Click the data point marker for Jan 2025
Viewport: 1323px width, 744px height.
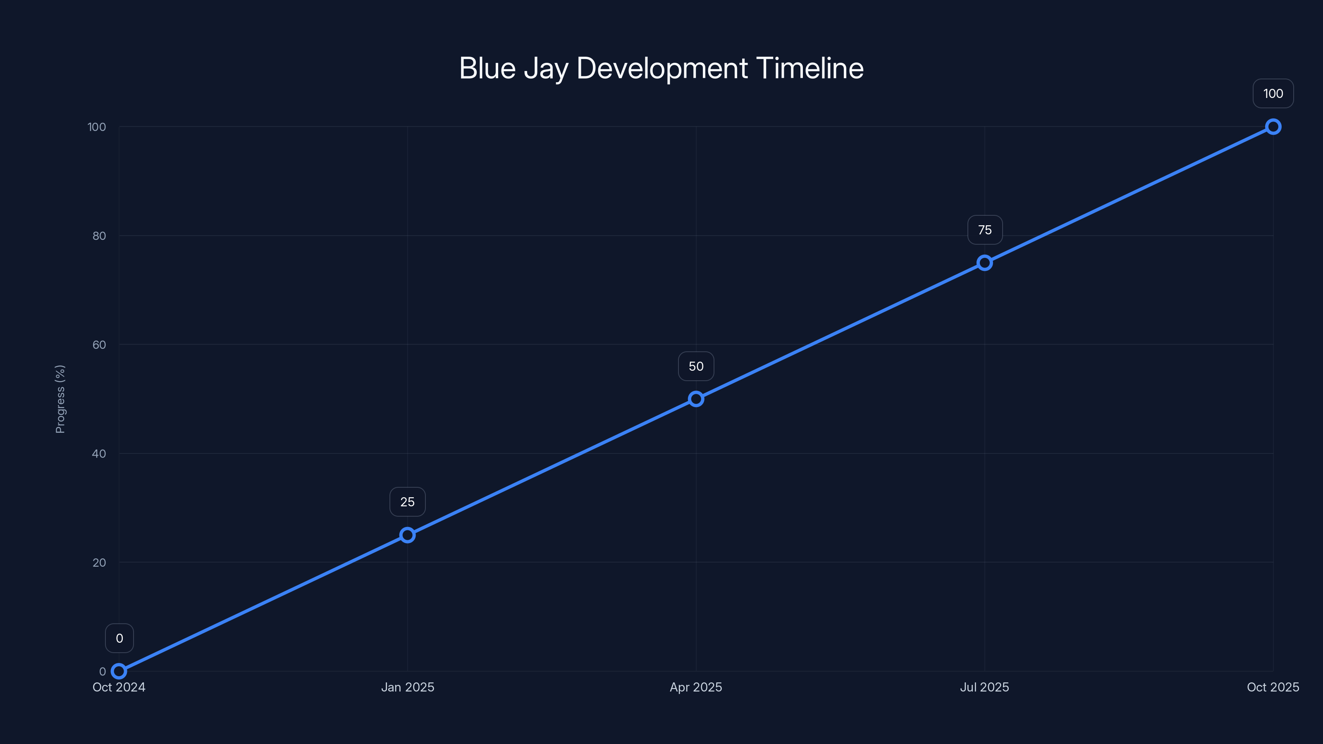click(x=407, y=535)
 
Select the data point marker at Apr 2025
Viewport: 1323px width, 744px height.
click(x=696, y=399)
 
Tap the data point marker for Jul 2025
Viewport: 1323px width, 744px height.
click(x=984, y=263)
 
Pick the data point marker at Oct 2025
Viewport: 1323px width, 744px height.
click(x=1273, y=127)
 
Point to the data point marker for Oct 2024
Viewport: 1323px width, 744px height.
click(x=119, y=671)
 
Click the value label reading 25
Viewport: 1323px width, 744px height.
click(x=407, y=502)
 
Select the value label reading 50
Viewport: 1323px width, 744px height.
click(x=696, y=366)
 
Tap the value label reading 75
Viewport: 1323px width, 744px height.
click(x=984, y=230)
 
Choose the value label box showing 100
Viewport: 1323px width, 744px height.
click(x=1273, y=93)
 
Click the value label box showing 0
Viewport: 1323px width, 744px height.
click(x=119, y=638)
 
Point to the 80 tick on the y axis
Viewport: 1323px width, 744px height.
click(x=99, y=236)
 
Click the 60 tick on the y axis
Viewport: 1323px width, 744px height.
click(x=99, y=345)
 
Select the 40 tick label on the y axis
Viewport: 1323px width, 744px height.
click(x=99, y=453)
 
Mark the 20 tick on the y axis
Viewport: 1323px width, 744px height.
click(x=99, y=562)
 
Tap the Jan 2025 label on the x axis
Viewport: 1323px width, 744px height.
click(x=407, y=687)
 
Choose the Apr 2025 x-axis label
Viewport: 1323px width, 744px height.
click(x=696, y=687)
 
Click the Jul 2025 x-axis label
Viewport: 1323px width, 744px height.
click(x=984, y=687)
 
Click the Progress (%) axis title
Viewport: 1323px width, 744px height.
click(x=60, y=399)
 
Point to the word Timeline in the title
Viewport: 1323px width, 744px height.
click(x=810, y=68)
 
